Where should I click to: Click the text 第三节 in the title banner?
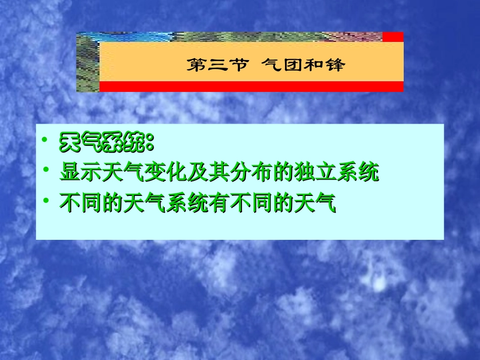[218, 65]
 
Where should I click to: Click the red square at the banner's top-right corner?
[393, 37]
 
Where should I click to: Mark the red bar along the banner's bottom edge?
[251, 86]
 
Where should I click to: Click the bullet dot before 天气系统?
[46, 139]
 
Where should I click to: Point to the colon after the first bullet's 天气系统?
[149, 144]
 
